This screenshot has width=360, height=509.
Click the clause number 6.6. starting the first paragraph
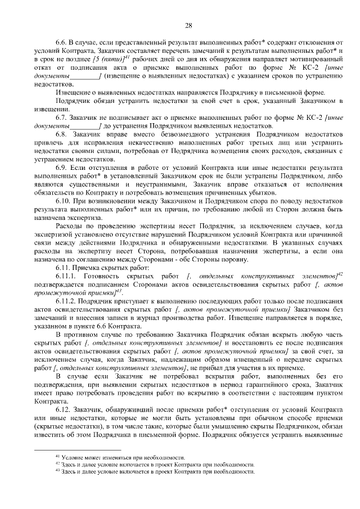62,43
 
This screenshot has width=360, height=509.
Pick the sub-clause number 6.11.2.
66,302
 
